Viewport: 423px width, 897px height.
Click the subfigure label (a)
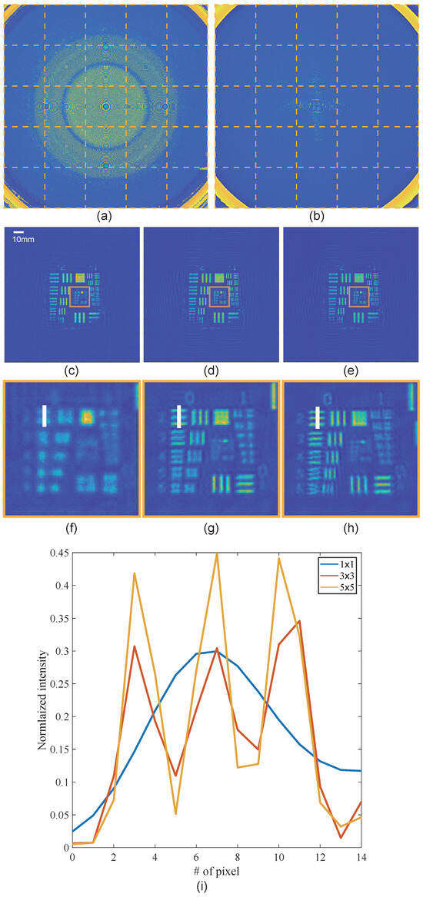(106, 217)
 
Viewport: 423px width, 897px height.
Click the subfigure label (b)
(316, 217)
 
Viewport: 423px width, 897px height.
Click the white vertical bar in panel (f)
(45, 416)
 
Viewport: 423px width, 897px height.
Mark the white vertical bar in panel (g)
(178, 416)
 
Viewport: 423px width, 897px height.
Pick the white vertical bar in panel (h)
(318, 416)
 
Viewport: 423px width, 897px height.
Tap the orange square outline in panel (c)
(79, 297)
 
